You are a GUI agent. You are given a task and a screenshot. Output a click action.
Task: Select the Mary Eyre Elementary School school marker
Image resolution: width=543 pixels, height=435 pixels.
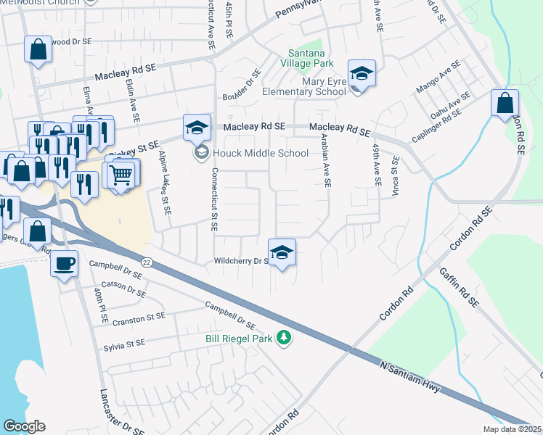click(x=361, y=73)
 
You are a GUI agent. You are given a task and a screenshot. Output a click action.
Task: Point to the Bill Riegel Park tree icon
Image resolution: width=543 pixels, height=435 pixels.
click(x=285, y=339)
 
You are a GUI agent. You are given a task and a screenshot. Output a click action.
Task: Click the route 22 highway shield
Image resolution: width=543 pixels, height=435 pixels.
click(x=147, y=262)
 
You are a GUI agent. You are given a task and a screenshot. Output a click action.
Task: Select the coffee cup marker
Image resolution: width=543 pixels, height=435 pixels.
click(x=65, y=262)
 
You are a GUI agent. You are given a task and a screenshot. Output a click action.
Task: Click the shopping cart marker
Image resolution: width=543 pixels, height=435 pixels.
click(x=120, y=174)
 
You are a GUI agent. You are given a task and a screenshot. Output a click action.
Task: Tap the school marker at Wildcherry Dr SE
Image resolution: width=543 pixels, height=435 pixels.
click(x=282, y=252)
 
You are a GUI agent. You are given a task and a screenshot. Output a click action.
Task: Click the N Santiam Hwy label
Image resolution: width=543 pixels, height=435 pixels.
click(x=409, y=376)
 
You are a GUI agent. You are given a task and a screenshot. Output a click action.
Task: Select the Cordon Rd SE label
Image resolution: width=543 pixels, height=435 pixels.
click(x=471, y=228)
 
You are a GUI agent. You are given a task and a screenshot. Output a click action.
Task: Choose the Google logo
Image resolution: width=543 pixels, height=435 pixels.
click(x=24, y=426)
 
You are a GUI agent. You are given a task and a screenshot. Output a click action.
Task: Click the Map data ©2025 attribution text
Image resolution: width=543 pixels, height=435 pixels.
click(x=511, y=429)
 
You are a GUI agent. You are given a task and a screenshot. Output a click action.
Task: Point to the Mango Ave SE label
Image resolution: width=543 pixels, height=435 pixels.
click(x=434, y=80)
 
